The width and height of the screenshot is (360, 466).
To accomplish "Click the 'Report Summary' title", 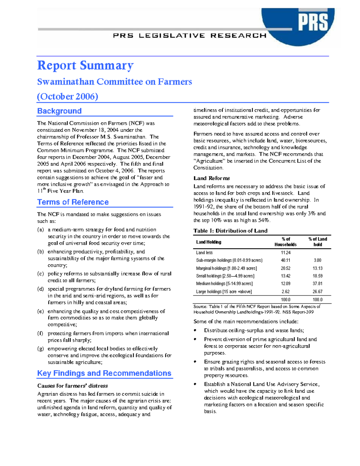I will (x=85, y=65).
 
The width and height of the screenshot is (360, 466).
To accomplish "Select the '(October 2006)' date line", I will (x=67, y=96).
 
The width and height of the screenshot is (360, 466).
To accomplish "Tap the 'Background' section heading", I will (x=59, y=111).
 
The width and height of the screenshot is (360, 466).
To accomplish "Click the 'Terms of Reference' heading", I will (x=73, y=202).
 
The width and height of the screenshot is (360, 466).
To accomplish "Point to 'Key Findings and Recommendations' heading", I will (x=104, y=373).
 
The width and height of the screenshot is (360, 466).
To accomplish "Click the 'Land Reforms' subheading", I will (x=211, y=178).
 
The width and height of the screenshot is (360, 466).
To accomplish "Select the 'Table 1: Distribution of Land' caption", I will (x=230, y=231).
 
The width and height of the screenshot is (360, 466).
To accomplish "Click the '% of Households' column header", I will (x=285, y=242).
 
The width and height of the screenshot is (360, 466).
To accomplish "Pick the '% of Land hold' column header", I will (x=318, y=242).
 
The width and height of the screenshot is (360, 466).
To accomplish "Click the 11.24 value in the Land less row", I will (x=285, y=253).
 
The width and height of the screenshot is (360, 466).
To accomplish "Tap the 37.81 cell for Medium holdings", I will (x=317, y=284).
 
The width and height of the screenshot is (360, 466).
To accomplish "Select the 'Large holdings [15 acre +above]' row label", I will (x=224, y=292).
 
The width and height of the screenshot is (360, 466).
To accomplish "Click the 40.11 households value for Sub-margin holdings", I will (x=285, y=260).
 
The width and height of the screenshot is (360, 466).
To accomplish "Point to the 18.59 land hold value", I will (x=317, y=276).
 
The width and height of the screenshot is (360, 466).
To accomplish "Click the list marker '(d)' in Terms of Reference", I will (x=40, y=289).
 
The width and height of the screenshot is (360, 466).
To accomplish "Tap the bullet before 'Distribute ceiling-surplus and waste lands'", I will (x=195, y=330).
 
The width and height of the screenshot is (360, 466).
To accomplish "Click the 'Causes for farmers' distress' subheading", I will (x=72, y=386).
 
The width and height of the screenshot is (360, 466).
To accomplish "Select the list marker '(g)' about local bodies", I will (x=40, y=349).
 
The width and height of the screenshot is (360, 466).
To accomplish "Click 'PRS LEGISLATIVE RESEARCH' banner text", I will (x=190, y=36).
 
